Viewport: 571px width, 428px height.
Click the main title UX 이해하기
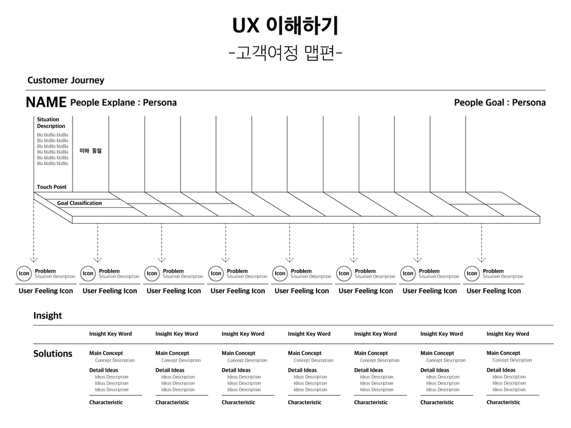(x=285, y=26)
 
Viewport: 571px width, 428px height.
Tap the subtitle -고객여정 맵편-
(x=285, y=54)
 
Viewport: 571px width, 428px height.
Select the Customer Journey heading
(x=66, y=80)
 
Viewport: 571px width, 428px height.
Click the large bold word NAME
(x=46, y=102)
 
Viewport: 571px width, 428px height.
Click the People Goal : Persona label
(x=500, y=102)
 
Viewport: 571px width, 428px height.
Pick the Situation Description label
(x=51, y=123)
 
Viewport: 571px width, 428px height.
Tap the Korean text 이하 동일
(x=90, y=150)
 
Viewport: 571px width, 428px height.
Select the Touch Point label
(x=52, y=187)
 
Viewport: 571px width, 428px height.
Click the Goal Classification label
(x=79, y=203)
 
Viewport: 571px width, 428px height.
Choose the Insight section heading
(x=48, y=315)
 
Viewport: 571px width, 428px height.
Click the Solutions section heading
(x=52, y=354)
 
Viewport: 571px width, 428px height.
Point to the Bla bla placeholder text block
(x=52, y=149)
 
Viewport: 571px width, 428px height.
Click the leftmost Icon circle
(x=24, y=274)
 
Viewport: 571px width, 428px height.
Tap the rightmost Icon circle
(x=472, y=274)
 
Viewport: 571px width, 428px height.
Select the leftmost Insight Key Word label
(x=110, y=333)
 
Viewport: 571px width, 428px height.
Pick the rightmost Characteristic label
(x=503, y=402)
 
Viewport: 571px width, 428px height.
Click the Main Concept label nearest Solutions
(x=106, y=353)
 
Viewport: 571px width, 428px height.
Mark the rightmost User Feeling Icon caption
(x=494, y=291)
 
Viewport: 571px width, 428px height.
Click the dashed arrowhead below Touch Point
(x=34, y=259)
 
